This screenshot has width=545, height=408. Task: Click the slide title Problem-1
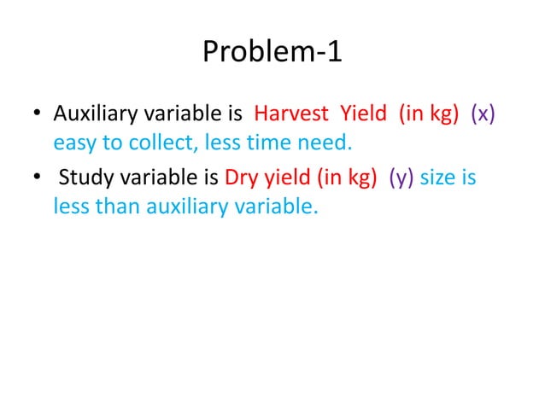click(272, 54)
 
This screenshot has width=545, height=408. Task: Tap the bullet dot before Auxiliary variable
click(38, 114)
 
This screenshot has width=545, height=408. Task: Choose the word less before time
click(226, 142)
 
